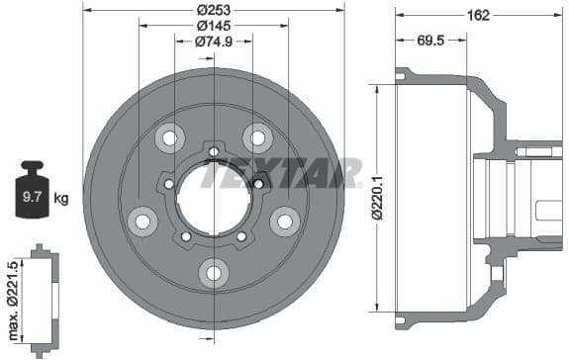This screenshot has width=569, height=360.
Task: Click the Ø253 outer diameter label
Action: click(x=214, y=9)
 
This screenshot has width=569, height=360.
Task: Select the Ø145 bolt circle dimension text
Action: click(x=214, y=25)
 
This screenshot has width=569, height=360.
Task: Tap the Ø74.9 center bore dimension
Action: click(x=214, y=41)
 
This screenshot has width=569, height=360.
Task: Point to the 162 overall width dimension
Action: click(x=479, y=14)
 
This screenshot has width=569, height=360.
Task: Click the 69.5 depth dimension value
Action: click(x=429, y=41)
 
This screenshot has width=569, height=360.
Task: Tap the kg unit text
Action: click(x=61, y=199)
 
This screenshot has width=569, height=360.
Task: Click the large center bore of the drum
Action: click(x=213, y=198)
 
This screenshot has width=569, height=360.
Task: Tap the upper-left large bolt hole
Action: click(x=169, y=137)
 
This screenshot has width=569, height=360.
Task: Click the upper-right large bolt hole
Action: click(x=257, y=137)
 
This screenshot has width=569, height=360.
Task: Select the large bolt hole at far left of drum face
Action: click(x=142, y=220)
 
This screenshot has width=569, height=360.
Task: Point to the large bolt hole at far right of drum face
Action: click(x=285, y=220)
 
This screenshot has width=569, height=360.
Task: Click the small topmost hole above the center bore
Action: click(x=213, y=150)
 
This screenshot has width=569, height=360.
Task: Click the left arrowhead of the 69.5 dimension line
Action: click(x=399, y=41)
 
